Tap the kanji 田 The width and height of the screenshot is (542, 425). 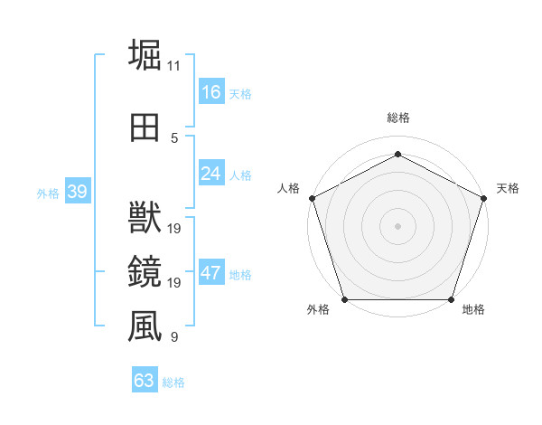(x=145, y=127)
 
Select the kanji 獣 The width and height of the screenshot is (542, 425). (x=145, y=218)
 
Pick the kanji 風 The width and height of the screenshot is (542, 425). (x=145, y=326)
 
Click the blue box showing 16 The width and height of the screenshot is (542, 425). (x=211, y=92)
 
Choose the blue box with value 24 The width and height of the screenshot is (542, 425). (x=211, y=174)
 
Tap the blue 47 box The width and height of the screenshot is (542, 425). (x=211, y=273)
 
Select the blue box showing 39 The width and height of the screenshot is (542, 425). (x=77, y=192)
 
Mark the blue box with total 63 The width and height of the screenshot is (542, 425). (x=145, y=381)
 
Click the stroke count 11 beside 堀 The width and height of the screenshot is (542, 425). (x=174, y=66)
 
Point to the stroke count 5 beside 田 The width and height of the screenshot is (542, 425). (x=174, y=138)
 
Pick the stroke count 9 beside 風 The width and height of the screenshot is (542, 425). (x=174, y=337)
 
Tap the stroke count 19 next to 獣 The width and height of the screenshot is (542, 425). (x=175, y=229)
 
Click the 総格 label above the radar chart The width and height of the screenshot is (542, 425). (x=397, y=118)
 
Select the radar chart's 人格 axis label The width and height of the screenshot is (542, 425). (x=289, y=188)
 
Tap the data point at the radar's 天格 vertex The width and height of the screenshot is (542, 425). (x=484, y=197)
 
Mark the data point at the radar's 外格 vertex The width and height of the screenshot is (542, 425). (x=344, y=299)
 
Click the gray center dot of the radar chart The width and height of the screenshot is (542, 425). (x=397, y=225)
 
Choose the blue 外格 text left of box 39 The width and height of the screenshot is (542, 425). (x=47, y=193)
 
